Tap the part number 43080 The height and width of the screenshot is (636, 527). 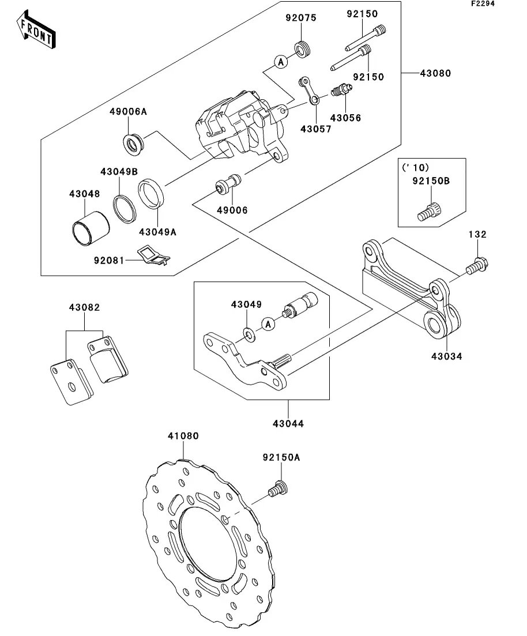pos(435,74)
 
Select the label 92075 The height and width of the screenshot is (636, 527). pos(301,17)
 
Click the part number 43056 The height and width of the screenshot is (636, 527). pos(346,118)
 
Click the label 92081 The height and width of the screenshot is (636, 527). pos(110,260)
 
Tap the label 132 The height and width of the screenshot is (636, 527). pos(478,234)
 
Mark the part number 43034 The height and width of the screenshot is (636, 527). pos(446,356)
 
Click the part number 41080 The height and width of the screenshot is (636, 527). pos(183,436)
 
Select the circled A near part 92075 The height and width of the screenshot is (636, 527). pos(280,62)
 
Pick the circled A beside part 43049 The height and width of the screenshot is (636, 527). pos(268,325)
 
